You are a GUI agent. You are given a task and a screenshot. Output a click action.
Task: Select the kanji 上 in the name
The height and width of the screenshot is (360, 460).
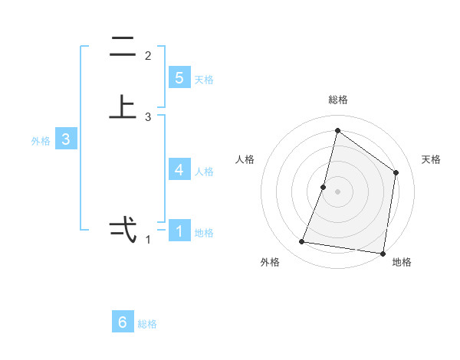pos(123,108)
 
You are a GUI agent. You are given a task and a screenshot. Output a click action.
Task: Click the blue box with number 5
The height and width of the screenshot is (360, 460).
pos(179,78)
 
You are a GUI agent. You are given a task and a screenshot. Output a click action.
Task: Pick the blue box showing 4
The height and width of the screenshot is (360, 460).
pos(179,170)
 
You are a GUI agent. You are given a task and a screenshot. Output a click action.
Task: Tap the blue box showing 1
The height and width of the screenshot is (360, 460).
pos(179,231)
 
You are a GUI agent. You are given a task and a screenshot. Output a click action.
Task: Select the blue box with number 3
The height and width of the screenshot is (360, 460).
pos(66,139)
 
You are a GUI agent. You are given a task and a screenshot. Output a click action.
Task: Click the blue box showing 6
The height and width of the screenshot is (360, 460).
pos(123,322)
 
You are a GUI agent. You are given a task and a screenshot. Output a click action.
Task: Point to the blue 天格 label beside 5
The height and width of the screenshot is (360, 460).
pos(204,80)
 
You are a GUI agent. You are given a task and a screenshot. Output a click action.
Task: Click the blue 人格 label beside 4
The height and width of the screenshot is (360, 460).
pos(204,172)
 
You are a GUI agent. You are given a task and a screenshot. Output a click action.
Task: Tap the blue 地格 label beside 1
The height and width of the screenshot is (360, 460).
pos(204,232)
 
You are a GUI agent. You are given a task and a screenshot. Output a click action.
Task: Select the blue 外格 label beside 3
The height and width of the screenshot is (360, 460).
pos(40,141)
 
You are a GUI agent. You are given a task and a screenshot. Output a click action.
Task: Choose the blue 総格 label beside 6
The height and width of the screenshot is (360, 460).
pos(147,324)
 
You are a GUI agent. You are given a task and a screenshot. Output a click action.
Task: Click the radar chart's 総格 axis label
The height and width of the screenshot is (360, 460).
pos(338,100)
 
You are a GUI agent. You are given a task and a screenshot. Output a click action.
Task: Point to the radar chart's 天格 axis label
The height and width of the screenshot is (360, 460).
pos(431,159)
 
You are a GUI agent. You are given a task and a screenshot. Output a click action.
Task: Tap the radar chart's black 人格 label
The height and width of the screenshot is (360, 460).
pos(245,159)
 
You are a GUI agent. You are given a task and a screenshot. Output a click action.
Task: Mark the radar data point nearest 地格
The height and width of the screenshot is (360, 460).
pos(383,252)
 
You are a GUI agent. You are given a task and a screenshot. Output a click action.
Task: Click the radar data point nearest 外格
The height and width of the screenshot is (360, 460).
pos(302,242)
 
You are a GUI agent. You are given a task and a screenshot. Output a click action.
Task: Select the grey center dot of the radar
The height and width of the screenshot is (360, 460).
pos(337,191)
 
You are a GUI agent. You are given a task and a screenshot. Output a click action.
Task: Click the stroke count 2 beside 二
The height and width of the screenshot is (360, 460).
pos(148,56)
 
